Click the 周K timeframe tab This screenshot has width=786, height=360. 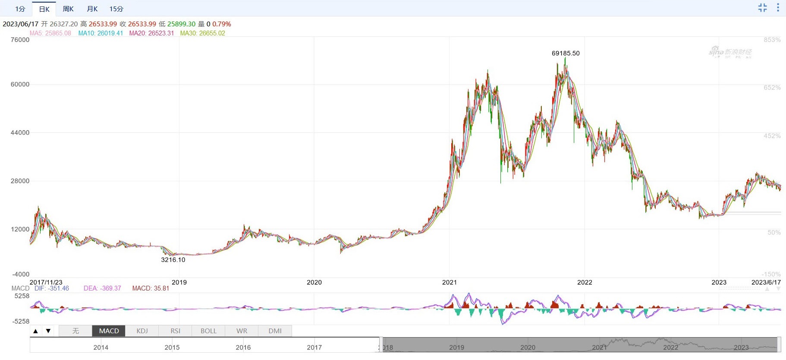coord(68,9)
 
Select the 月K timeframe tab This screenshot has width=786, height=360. coord(92,9)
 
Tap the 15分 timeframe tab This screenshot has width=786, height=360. coord(116,9)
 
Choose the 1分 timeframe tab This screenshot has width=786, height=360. coord(20,9)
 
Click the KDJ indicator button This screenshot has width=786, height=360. coord(142,331)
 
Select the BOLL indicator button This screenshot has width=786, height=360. coord(208,331)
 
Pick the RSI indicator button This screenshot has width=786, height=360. coord(175,331)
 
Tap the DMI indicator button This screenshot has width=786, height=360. coord(275,331)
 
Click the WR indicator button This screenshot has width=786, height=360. coord(242,331)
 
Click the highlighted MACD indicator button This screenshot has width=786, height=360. coord(109,331)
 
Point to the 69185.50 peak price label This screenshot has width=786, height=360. coord(566,53)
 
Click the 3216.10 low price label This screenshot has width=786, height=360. coord(173,259)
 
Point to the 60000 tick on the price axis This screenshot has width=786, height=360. coord(20,84)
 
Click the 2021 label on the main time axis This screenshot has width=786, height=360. coord(449,282)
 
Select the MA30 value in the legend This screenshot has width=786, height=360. coord(202,33)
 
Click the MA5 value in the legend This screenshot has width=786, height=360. coord(50,33)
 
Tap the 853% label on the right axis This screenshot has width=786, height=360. coord(772,40)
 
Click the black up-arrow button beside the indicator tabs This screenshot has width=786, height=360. coord(36,331)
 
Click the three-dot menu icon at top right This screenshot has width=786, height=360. coord(778,8)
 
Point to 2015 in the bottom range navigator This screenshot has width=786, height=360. coord(172,347)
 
